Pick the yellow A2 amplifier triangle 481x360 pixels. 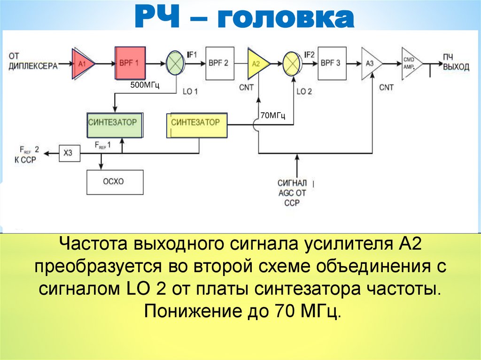coord(257,63)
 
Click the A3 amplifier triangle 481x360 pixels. coord(370,63)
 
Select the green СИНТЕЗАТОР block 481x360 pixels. coord(115,125)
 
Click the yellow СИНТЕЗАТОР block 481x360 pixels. coord(196,125)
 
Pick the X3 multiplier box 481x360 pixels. coord(69,153)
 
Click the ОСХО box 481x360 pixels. coord(115,182)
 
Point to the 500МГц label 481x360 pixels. coord(145,85)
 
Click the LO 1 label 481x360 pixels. coord(190,92)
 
